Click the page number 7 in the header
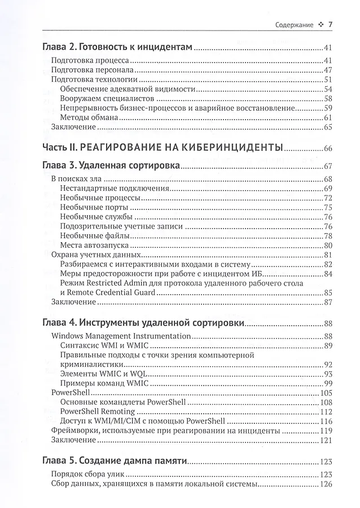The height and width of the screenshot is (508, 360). tap(331, 24)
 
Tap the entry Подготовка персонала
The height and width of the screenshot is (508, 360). tap(92, 70)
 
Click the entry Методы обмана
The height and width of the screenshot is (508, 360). tap(89, 117)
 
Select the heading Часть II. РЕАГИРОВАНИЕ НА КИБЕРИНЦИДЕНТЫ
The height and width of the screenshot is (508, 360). tap(163, 148)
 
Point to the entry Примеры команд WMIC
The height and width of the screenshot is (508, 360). tap(100, 383)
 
